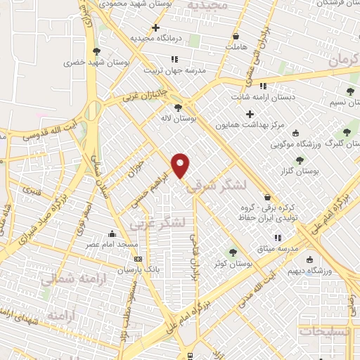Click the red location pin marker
(181, 165)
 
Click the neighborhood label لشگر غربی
(158, 223)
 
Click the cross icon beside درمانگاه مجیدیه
(156, 28)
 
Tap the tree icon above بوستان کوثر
(232, 252)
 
